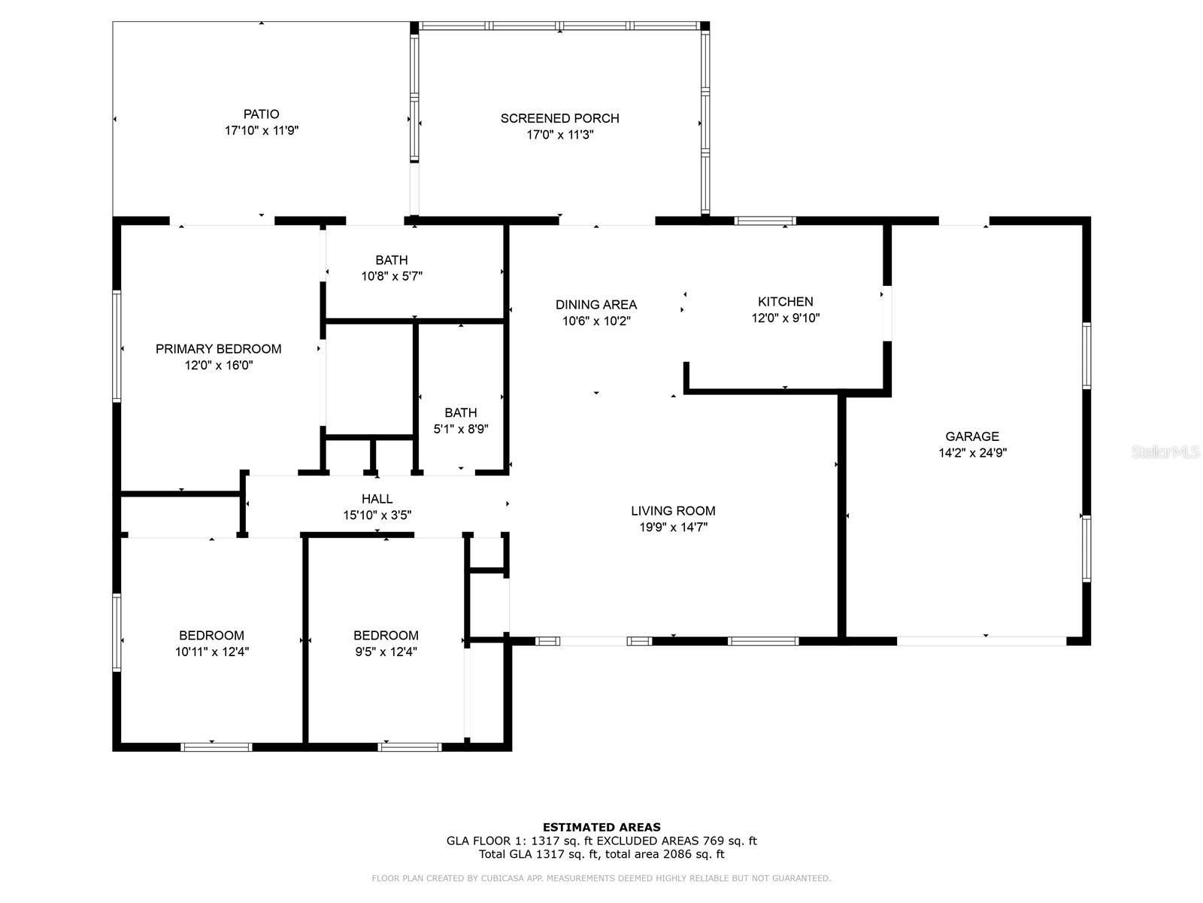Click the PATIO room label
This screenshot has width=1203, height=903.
pos(261,114)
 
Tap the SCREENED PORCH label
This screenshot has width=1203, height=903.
pos(559,118)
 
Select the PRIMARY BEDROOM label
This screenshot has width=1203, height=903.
pos(218,349)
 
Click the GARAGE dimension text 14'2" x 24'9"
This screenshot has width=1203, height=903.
pos(972,453)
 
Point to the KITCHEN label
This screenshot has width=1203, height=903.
pos(786,302)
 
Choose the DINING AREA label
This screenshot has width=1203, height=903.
pos(596,305)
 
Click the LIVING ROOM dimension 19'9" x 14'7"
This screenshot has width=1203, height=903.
pos(673,528)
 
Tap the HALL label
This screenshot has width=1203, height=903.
pos(377,499)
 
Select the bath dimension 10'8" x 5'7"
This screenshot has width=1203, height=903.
pos(391,276)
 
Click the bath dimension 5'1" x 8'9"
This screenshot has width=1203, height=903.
pos(460,429)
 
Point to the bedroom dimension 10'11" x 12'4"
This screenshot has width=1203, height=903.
pos(211,652)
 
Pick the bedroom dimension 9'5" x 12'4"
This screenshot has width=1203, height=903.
pos(386,652)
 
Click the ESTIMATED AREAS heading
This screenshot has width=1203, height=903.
pos(601,827)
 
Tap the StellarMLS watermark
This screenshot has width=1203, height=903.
pos(1165,451)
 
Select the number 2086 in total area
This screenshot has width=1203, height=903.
pos(677,854)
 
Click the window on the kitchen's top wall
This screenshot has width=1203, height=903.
pos(765,221)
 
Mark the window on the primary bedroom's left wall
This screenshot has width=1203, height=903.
pos(117,346)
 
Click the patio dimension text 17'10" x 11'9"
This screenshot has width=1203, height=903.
pos(262,130)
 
